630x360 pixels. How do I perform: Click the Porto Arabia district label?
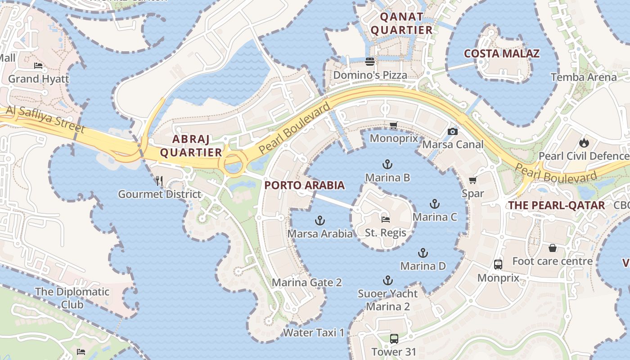[x=305, y=185]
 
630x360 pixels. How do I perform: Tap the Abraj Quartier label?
[x=191, y=145]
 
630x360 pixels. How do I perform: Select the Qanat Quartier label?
[x=401, y=24]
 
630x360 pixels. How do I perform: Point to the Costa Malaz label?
[x=502, y=54]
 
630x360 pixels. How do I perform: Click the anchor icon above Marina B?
[x=387, y=164]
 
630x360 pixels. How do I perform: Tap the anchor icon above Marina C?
[x=434, y=204]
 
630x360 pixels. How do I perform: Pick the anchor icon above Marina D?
[x=423, y=253]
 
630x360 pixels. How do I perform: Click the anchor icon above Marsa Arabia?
[x=319, y=220]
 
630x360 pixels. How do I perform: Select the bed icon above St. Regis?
[x=386, y=220]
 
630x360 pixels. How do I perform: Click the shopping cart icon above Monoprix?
[x=394, y=126]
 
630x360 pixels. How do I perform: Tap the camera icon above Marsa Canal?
[x=453, y=131]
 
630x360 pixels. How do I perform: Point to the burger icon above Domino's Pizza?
[x=370, y=62]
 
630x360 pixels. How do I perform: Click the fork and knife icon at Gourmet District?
[x=159, y=181]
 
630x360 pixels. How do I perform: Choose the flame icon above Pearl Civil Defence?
[x=584, y=143]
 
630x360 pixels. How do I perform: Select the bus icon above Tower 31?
[x=394, y=338]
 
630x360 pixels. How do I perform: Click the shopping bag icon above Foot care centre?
[x=552, y=248]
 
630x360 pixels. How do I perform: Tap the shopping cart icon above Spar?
[x=472, y=180]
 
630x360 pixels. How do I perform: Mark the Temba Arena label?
[x=584, y=77]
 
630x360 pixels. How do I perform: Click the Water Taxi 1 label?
[x=314, y=333]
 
